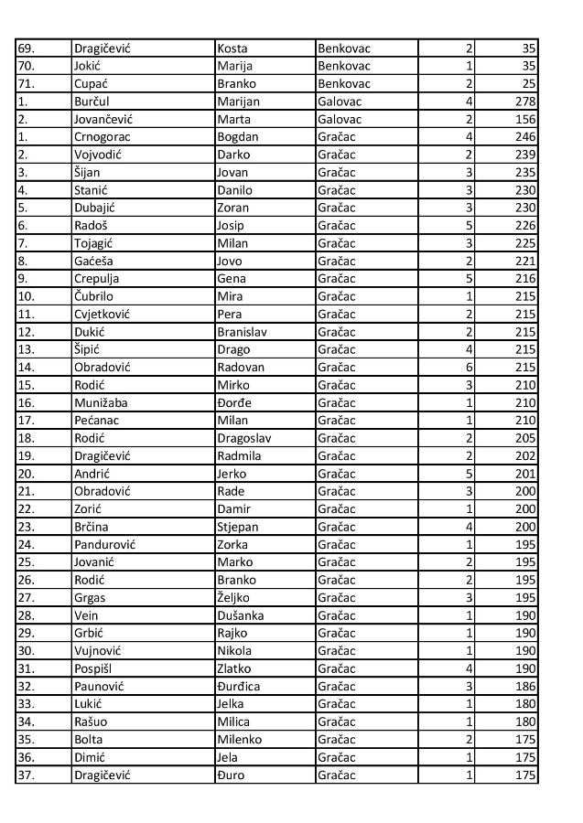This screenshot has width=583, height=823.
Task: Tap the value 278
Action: (524, 102)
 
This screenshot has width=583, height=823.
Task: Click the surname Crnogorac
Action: (103, 136)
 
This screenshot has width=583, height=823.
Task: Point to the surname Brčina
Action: (92, 527)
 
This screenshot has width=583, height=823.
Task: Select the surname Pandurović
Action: (104, 544)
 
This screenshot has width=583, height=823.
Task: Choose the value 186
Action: (524, 686)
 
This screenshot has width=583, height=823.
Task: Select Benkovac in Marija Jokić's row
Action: (344, 66)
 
